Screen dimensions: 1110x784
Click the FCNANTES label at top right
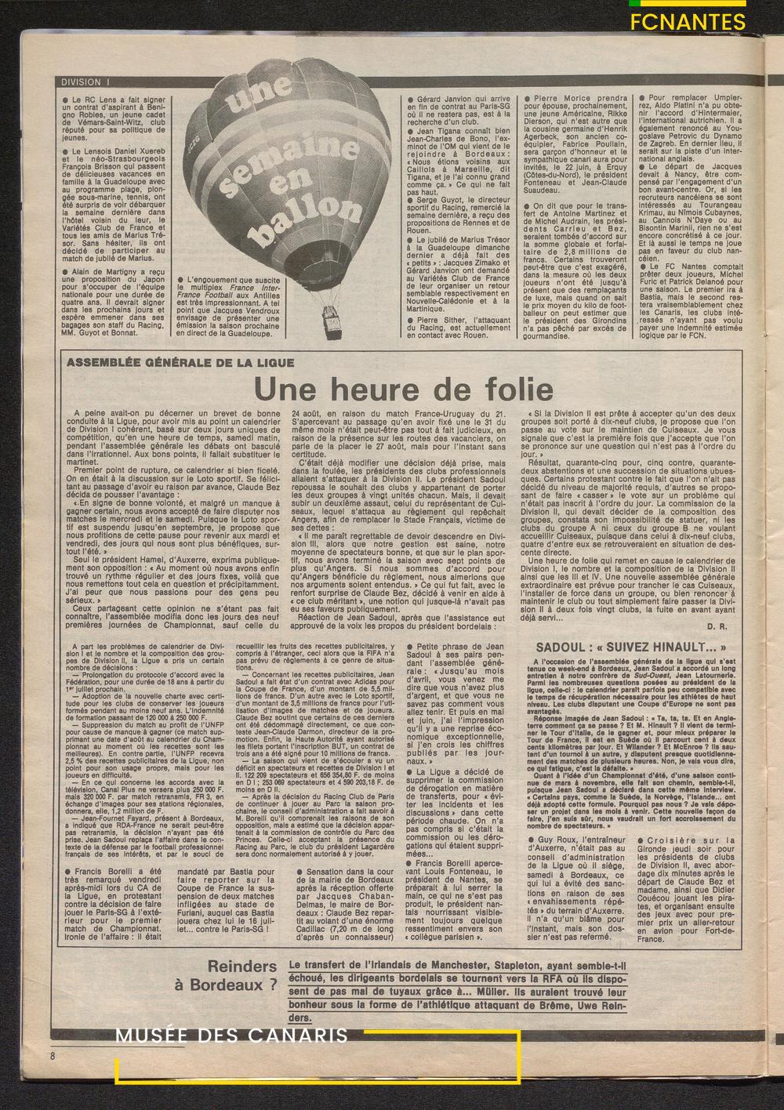pos(688,22)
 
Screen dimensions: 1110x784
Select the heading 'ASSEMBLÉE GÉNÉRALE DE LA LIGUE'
pos(181,363)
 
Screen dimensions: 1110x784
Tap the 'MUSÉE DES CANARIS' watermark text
pos(231,1036)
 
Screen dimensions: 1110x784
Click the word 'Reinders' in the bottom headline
pos(242,967)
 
